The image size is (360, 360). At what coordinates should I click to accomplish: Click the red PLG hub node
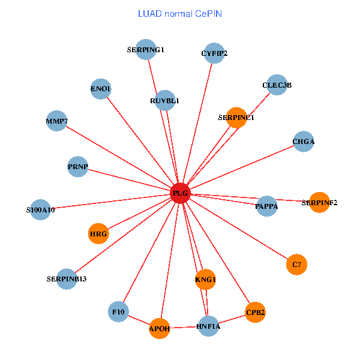(181, 193)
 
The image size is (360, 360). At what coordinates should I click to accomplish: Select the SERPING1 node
(146, 50)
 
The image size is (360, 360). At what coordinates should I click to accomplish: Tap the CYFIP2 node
(214, 53)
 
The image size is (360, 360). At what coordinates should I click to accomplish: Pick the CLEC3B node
(277, 85)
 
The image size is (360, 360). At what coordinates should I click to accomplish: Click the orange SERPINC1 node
(236, 118)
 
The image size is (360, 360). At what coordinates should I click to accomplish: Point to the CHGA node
(304, 142)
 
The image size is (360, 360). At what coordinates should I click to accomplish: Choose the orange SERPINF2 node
(319, 202)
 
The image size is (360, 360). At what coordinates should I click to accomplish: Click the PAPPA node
(267, 206)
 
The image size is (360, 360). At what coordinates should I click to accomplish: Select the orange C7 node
(296, 264)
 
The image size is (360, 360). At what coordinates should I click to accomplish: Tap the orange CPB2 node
(255, 313)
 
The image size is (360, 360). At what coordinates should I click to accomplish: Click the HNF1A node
(208, 326)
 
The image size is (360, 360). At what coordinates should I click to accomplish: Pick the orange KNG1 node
(205, 279)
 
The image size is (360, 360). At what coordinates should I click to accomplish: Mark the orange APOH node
(160, 328)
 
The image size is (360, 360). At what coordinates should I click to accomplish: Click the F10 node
(119, 311)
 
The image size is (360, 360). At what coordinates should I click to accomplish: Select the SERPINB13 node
(67, 279)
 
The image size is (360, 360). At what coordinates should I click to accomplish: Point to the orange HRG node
(98, 233)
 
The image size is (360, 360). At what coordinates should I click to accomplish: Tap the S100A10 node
(40, 210)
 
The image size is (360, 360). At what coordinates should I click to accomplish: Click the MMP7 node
(56, 121)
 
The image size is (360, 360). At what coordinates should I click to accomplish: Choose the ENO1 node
(101, 89)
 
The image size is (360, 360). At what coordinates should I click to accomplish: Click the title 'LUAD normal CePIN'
(180, 13)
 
